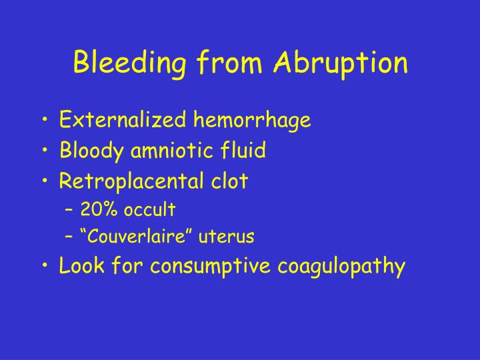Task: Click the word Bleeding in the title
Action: (x=127, y=63)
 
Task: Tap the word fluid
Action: (x=245, y=151)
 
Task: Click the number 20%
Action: (x=95, y=210)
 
